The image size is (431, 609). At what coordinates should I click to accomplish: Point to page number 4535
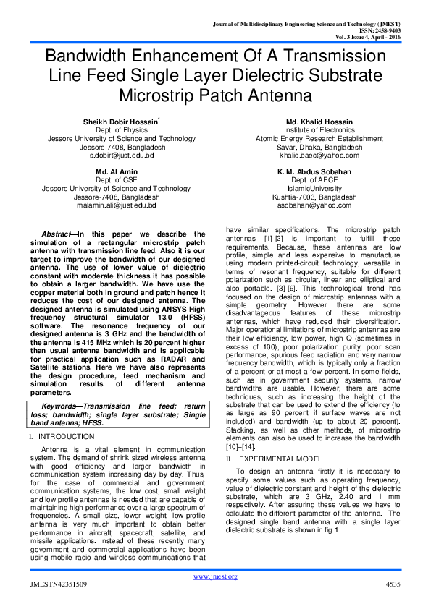pos(392,583)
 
